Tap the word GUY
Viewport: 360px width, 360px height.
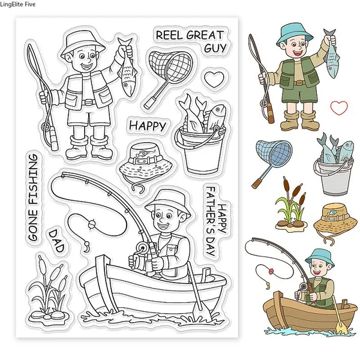215,48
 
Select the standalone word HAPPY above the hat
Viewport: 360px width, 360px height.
148,126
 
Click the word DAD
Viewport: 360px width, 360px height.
56,241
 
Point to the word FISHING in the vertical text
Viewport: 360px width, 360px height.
32,180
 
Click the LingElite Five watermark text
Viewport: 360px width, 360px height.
18,4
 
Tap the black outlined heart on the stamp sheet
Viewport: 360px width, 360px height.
214,79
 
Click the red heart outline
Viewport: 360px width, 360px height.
339,107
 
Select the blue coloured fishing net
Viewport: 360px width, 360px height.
272,161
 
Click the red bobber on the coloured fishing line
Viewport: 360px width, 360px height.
271,272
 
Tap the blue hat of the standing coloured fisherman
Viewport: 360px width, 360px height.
295,34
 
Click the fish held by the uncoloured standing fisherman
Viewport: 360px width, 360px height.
126,67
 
